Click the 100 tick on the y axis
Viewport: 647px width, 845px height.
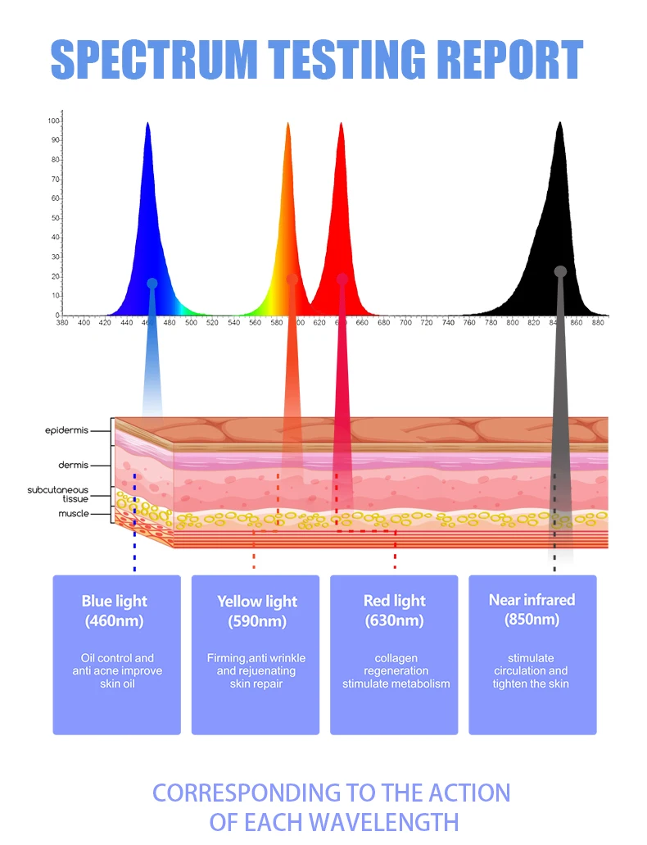tap(54, 121)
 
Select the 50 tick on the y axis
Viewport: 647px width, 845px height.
tap(56, 218)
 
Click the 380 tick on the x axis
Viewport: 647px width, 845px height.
tap(62, 323)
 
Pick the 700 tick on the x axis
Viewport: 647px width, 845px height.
tap(405, 323)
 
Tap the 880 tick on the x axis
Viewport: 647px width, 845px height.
tap(598, 323)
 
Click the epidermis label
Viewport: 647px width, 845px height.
tap(67, 429)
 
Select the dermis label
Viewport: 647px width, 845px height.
tap(73, 465)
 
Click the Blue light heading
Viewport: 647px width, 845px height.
tap(115, 601)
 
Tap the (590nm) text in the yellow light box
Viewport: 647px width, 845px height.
tap(256, 621)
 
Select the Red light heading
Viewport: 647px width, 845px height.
tap(394, 601)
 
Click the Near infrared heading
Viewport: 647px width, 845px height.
tap(532, 600)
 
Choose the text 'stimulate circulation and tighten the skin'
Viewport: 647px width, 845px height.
tap(531, 670)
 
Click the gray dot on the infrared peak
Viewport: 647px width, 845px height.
tap(560, 271)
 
